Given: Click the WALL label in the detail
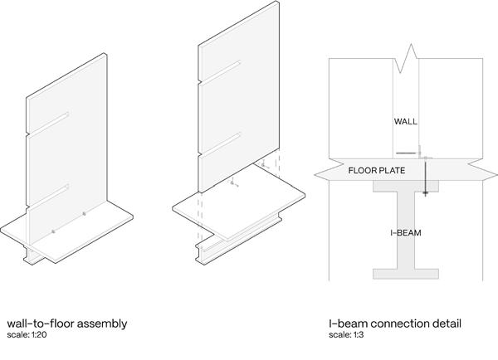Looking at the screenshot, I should (405, 121).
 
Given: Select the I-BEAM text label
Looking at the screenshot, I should (406, 233).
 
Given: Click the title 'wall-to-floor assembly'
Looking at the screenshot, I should (66, 323).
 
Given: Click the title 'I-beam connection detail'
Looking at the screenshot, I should (394, 323).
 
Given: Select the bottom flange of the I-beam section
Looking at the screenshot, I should (407, 273).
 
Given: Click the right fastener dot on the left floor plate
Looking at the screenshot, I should (84, 216).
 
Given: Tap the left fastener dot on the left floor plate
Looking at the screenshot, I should (52, 231).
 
